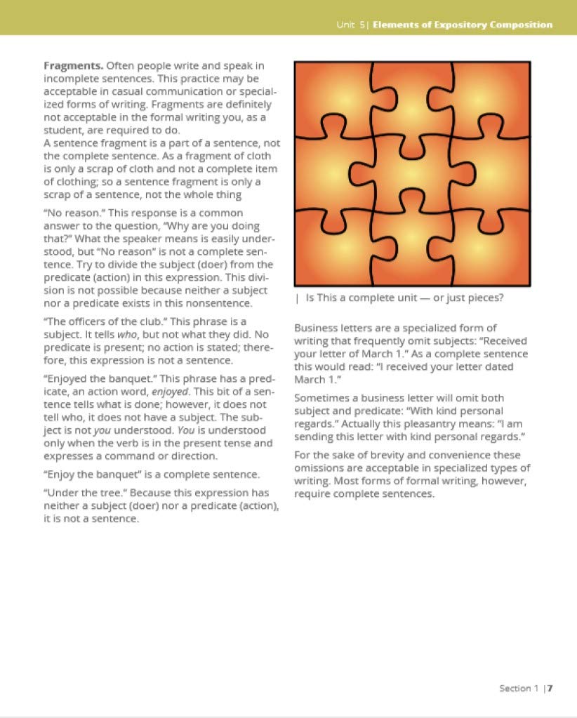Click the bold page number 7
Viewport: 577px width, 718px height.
pos(551,688)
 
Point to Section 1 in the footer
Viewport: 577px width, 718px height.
pos(519,688)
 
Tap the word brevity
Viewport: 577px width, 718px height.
pos(363,456)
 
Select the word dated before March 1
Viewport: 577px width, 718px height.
pos(498,366)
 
